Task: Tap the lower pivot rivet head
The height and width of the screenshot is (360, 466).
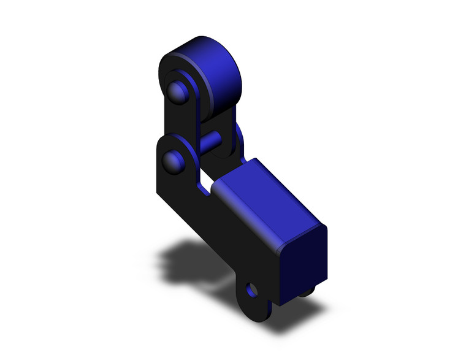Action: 173,161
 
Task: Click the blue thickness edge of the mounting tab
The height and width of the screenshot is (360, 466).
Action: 268,310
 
